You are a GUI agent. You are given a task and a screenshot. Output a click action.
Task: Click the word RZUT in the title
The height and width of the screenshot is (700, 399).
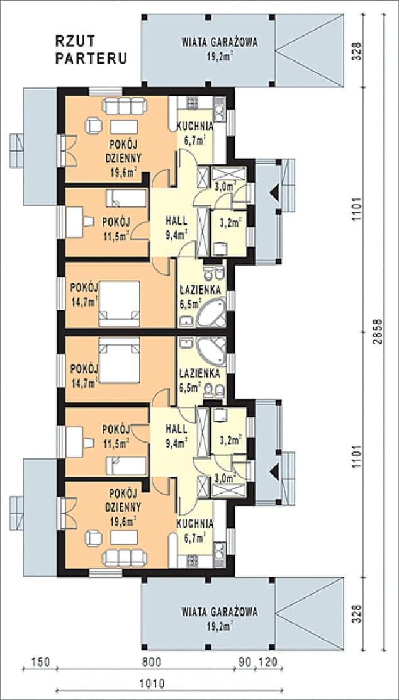coord(75,41)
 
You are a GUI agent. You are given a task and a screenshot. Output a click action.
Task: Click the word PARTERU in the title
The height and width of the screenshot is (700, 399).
coord(91,59)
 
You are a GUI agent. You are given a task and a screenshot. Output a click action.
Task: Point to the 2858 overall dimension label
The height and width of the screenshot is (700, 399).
coord(378,332)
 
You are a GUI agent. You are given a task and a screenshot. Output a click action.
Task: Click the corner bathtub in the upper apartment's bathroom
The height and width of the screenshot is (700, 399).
coord(212,314)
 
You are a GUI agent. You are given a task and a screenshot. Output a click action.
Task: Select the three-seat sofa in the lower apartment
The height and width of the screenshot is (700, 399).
coord(125,556)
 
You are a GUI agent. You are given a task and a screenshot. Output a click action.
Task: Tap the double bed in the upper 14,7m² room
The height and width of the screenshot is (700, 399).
coord(119,303)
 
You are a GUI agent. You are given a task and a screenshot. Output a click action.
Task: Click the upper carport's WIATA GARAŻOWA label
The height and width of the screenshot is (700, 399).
coord(220,43)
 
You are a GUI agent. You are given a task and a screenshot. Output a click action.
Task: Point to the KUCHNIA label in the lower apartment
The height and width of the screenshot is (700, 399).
coord(194,523)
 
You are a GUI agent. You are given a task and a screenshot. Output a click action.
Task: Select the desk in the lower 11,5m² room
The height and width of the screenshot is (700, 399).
coord(74,442)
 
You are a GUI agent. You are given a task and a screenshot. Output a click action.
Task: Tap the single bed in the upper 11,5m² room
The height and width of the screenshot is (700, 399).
coord(126,198)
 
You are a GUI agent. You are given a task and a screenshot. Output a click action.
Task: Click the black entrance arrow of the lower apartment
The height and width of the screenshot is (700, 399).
coord(274,470)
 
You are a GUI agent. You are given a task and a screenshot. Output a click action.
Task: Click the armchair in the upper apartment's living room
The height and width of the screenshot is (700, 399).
coord(94,125)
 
